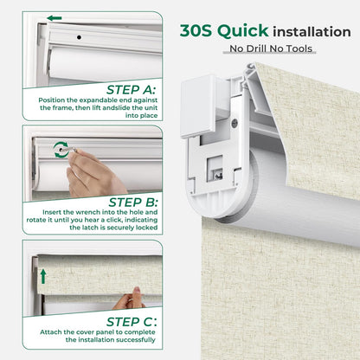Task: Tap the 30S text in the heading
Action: click(x=197, y=31)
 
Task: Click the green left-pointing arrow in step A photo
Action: click(x=55, y=18)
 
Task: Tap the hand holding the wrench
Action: click(x=91, y=173)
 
